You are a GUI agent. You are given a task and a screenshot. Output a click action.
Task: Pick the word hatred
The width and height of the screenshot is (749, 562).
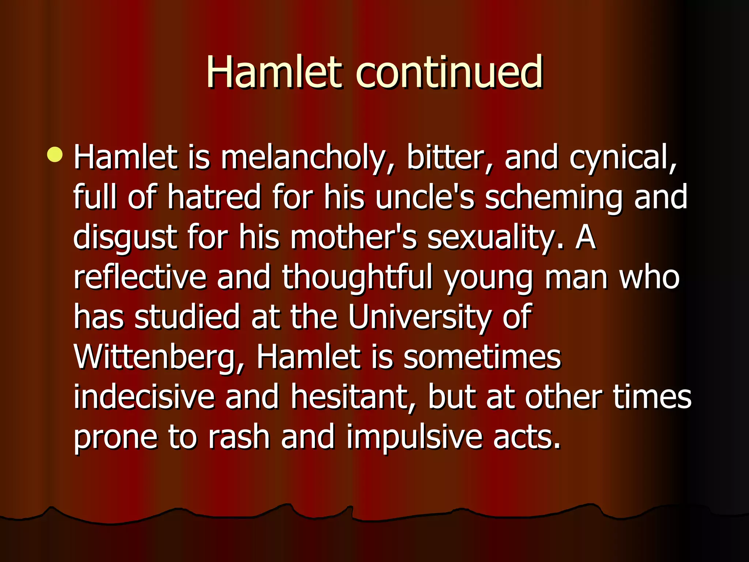(214, 198)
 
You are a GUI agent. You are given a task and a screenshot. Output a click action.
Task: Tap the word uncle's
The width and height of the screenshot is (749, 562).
(425, 198)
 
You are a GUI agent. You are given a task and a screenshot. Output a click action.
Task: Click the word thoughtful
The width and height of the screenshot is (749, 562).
(357, 278)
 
